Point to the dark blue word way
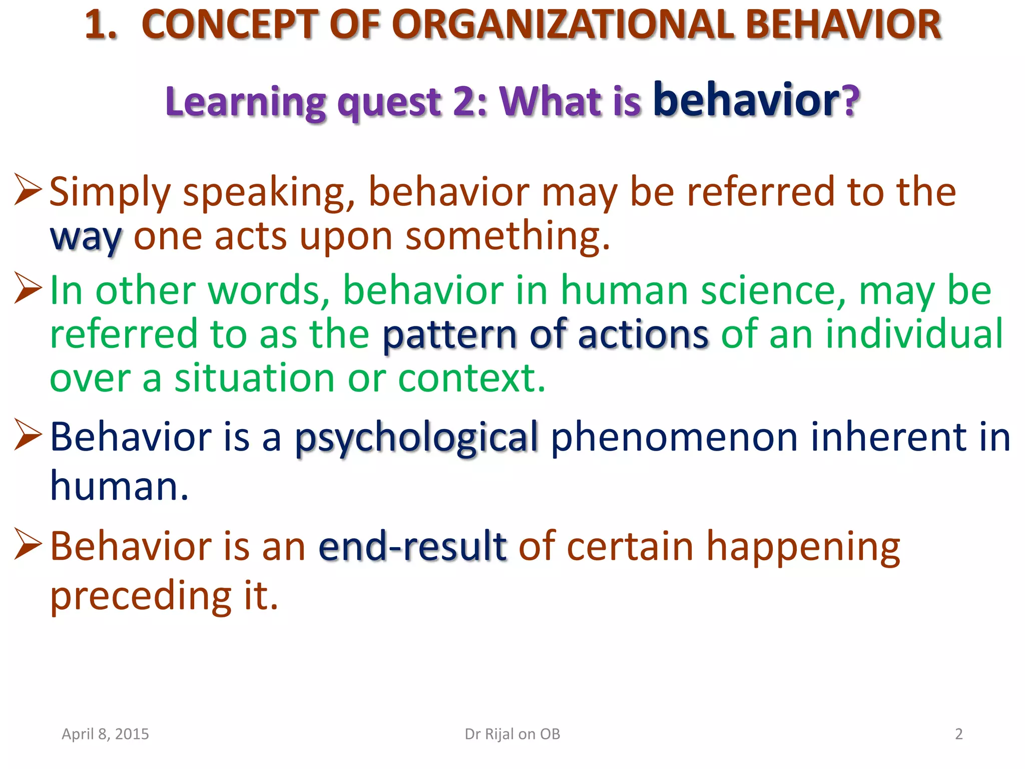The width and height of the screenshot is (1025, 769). click(x=86, y=237)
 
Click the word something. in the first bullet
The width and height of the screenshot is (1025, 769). click(x=507, y=236)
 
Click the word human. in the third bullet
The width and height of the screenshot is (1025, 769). click(x=119, y=486)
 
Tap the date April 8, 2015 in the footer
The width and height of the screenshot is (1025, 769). click(x=105, y=734)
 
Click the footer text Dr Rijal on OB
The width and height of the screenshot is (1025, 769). click(x=512, y=734)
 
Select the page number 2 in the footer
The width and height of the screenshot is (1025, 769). click(x=958, y=734)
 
